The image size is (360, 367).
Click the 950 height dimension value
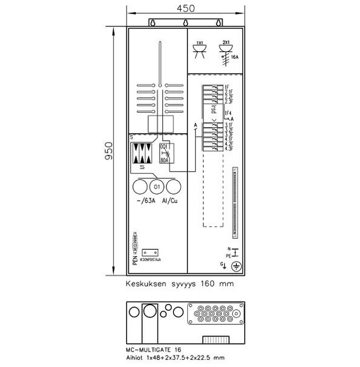tap(108, 151)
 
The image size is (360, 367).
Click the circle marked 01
tap(156, 186)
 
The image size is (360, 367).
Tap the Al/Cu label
tap(169, 201)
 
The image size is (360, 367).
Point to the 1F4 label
tap(228, 114)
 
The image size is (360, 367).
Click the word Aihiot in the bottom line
tap(135, 358)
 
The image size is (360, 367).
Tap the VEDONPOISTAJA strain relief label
tap(149, 259)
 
